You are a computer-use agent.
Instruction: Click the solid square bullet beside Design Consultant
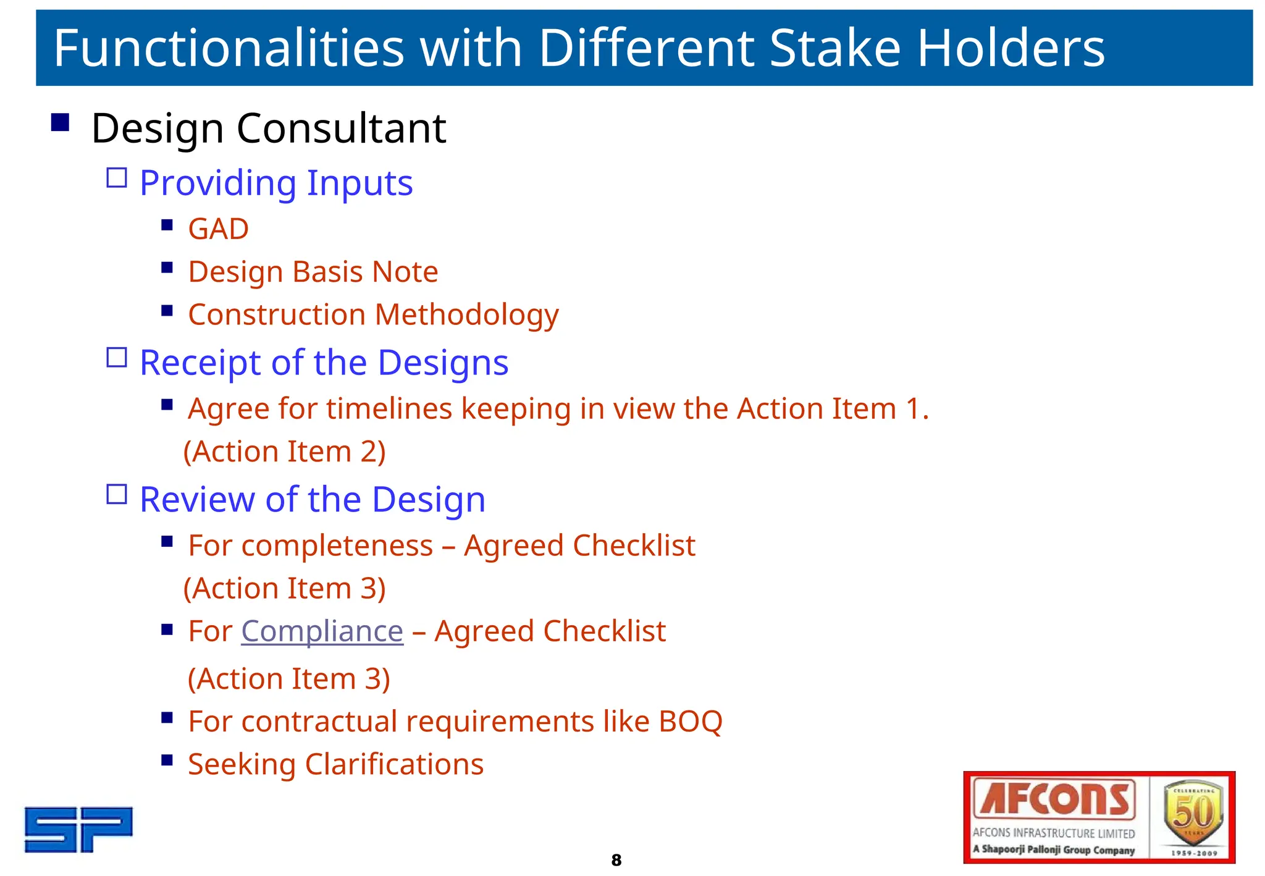(60, 122)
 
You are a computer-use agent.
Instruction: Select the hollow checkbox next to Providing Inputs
(117, 178)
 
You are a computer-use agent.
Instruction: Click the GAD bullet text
(218, 229)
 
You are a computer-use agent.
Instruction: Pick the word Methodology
(466, 315)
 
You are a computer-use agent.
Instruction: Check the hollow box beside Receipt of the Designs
(117, 358)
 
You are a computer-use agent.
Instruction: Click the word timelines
(389, 409)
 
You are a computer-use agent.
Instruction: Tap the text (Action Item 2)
(285, 452)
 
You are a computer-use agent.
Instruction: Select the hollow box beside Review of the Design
(117, 494)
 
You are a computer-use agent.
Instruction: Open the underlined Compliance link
(322, 631)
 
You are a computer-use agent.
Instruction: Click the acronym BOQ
(690, 722)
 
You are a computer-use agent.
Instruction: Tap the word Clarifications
(394, 765)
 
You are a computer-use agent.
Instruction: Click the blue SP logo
(78, 829)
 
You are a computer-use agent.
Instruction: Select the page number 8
(616, 860)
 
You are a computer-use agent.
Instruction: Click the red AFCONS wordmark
(1054, 799)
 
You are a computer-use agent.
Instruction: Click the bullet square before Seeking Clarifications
(167, 760)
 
